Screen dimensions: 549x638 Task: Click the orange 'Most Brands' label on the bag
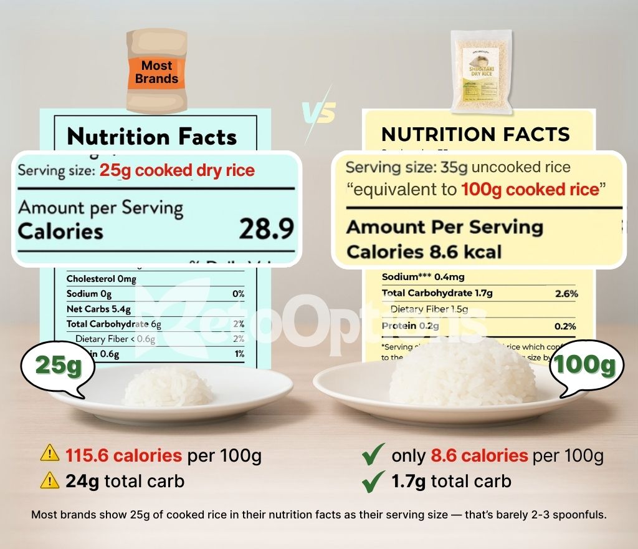pos(156,72)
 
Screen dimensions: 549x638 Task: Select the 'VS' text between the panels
pos(319,113)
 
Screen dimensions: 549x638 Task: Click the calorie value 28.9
pos(266,230)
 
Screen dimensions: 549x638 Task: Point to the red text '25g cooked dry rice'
pos(177,170)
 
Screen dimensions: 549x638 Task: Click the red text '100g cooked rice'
pos(530,188)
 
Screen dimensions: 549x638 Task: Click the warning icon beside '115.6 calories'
pos(50,455)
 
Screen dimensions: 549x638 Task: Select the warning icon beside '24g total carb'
pos(50,480)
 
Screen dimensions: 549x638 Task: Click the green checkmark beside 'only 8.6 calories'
pos(373,455)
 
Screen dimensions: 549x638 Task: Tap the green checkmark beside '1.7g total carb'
pos(373,481)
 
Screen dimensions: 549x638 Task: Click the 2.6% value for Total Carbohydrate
pos(566,293)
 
